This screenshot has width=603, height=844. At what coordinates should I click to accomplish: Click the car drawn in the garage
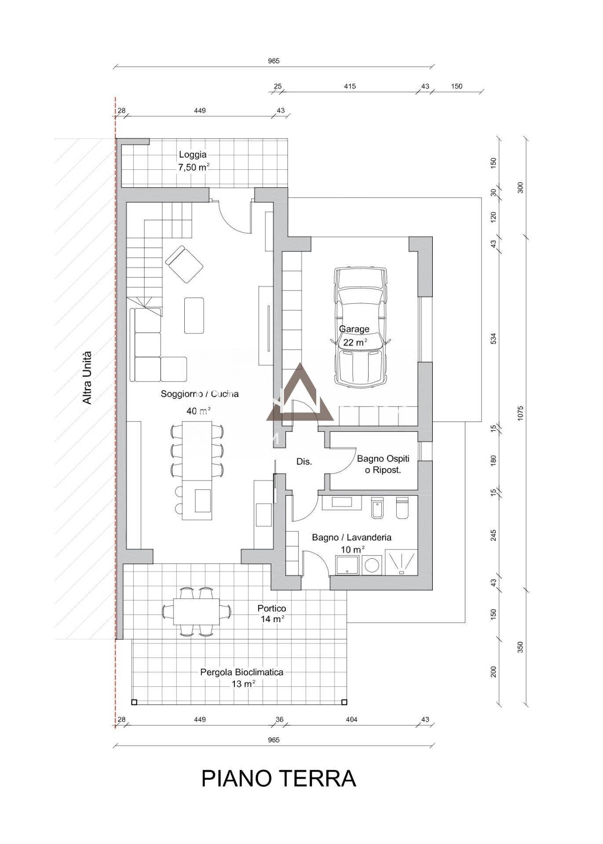pyautogui.click(x=360, y=327)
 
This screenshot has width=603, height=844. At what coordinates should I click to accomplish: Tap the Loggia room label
pyautogui.click(x=193, y=155)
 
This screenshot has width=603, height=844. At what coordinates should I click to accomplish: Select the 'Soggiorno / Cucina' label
pyautogui.click(x=200, y=394)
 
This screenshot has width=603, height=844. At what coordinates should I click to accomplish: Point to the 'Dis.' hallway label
pyautogui.click(x=304, y=462)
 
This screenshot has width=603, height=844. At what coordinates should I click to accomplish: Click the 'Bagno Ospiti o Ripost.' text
pyautogui.click(x=383, y=464)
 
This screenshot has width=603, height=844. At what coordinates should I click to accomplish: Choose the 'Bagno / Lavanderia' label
pyautogui.click(x=351, y=537)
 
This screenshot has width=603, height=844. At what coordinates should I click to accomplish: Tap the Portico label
pyautogui.click(x=272, y=608)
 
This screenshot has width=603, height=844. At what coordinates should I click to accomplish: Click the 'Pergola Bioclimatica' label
pyautogui.click(x=241, y=672)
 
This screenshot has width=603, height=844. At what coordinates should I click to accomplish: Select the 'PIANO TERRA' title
pyautogui.click(x=278, y=779)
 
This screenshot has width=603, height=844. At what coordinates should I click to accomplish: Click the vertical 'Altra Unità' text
pyautogui.click(x=87, y=378)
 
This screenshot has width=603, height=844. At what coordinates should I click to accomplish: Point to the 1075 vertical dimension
pyautogui.click(x=520, y=413)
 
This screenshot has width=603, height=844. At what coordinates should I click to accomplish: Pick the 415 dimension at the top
pyautogui.click(x=350, y=87)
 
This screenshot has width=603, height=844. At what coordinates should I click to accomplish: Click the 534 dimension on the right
pyautogui.click(x=493, y=338)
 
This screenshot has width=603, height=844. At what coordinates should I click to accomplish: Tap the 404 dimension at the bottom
pyautogui.click(x=351, y=720)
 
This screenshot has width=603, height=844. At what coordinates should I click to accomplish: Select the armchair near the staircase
pyautogui.click(x=184, y=264)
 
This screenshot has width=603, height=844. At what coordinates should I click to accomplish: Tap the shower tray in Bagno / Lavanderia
pyautogui.click(x=401, y=562)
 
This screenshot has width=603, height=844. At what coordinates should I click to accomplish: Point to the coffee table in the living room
pyautogui.click(x=194, y=315)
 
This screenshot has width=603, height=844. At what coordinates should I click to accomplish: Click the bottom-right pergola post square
pyautogui.click(x=345, y=702)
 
